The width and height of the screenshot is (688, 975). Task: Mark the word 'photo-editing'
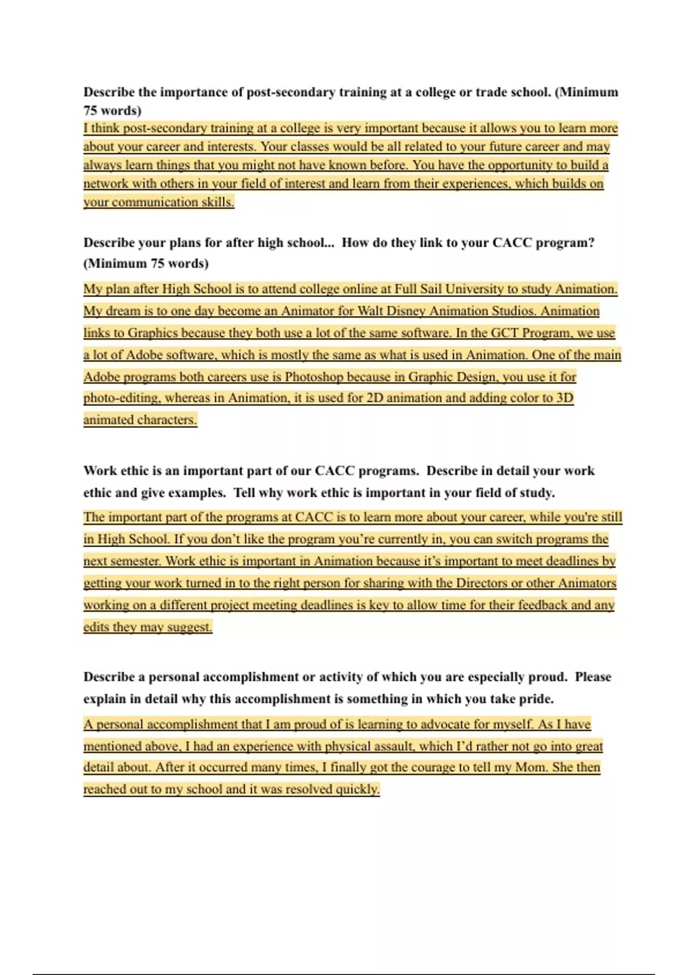point(121,398)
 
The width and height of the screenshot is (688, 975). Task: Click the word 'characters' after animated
point(168,420)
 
